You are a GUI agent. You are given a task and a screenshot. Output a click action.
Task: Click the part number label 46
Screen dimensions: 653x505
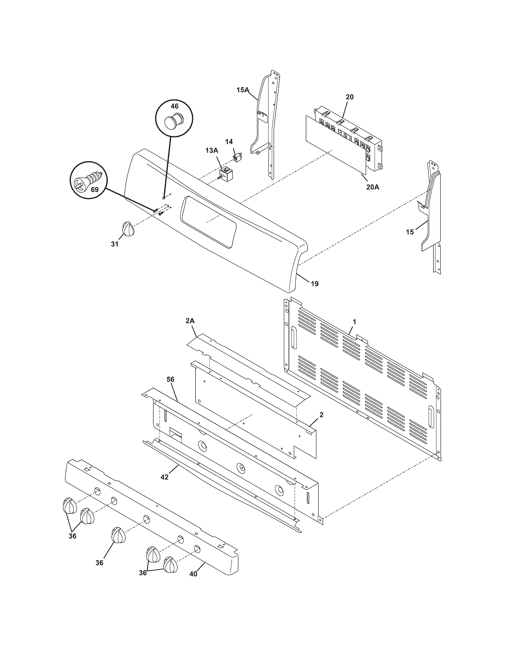174,106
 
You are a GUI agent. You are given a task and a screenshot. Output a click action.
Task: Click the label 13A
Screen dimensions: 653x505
212,151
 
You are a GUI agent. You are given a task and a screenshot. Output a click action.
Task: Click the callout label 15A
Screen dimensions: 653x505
243,90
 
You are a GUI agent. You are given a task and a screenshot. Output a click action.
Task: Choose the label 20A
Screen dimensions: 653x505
373,187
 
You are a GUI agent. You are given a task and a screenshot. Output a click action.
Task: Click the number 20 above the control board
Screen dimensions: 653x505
350,97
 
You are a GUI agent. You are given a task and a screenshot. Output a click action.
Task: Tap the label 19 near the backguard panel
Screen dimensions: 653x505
314,283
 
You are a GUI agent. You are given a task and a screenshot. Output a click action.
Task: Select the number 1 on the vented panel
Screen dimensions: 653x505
354,322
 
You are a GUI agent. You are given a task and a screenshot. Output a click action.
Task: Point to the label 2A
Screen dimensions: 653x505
190,321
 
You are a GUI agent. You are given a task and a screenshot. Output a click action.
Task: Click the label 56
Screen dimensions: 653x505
171,380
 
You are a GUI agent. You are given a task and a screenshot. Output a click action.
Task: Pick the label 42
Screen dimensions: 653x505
164,477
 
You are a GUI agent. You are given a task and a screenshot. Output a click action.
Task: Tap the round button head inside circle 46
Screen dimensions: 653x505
173,123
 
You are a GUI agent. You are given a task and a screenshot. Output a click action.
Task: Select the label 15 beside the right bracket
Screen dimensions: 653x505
410,232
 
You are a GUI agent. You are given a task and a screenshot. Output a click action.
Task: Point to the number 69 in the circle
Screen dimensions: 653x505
94,190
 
